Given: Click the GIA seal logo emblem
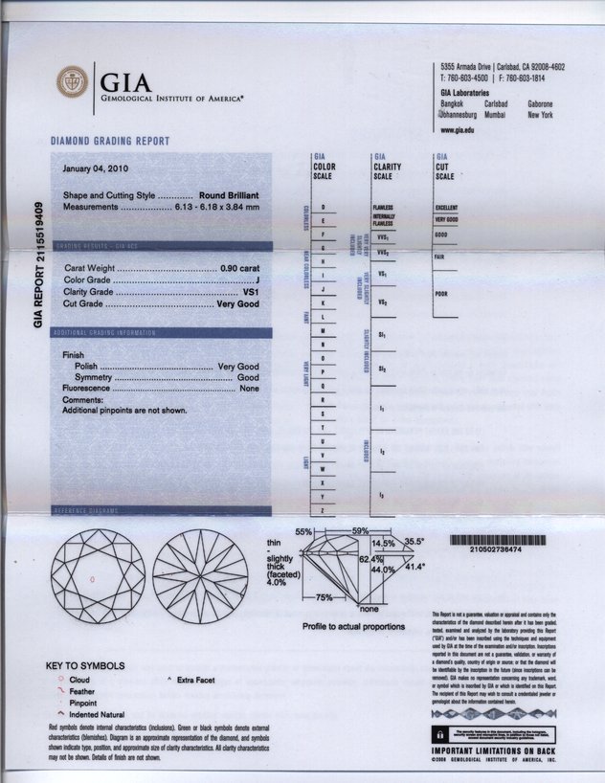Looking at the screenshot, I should click(73, 82).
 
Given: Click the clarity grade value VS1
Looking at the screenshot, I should click(251, 291).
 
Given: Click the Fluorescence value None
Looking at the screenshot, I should click(249, 389).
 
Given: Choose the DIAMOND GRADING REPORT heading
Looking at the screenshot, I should click(110, 142).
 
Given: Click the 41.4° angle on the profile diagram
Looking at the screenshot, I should click(414, 567).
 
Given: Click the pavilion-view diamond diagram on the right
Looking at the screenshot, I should click(199, 580).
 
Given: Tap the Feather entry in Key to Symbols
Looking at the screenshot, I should click(82, 689).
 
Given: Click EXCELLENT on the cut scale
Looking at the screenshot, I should click(446, 208).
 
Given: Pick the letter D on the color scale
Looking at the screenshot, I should click(325, 208).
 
